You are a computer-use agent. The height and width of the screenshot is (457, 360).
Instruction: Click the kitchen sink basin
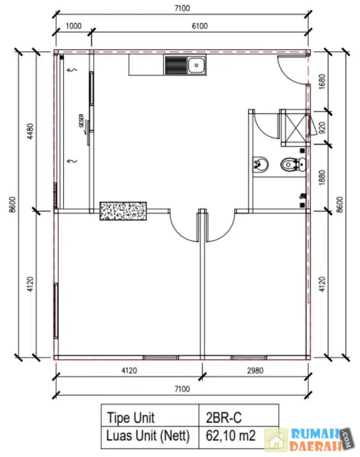(196, 65)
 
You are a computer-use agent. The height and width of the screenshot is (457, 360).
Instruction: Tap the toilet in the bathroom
(293, 165)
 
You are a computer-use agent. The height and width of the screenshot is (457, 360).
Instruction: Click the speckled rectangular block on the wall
(123, 211)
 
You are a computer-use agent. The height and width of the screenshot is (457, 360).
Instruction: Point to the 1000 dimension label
(74, 26)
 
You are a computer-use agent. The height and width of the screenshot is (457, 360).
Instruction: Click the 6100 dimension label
(200, 26)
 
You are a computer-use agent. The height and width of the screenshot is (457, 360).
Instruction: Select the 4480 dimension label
(30, 131)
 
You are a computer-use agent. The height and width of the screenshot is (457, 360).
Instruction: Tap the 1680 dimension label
(322, 82)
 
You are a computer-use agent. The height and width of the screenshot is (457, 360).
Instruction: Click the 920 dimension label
(322, 128)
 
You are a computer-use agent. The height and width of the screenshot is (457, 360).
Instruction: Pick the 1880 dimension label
(322, 177)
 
